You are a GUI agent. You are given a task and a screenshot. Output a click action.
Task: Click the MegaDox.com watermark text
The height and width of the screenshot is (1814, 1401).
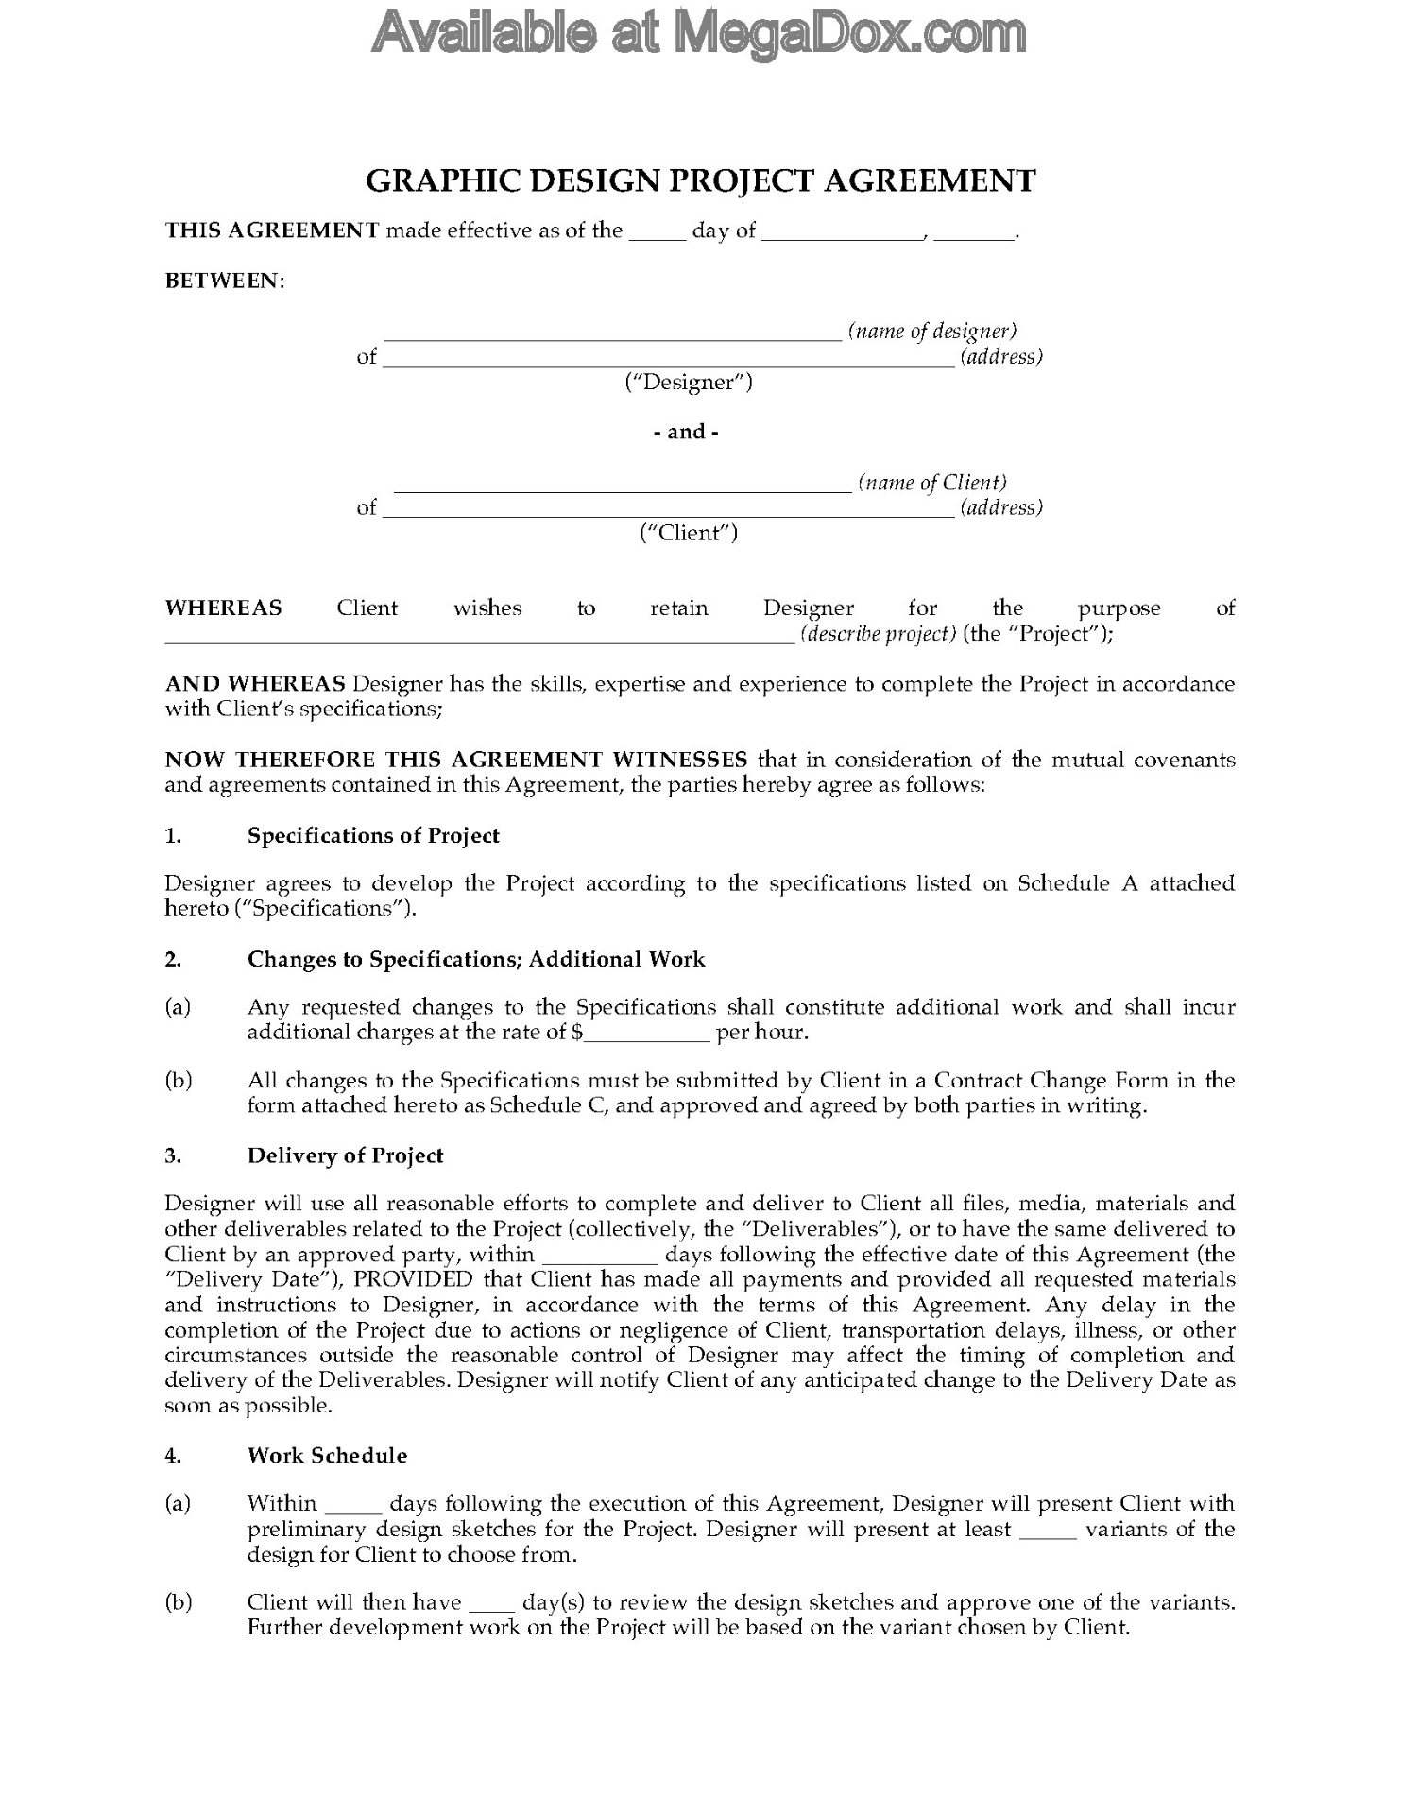[699, 34]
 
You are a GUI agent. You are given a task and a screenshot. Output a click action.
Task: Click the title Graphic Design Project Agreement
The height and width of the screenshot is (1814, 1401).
[700, 180]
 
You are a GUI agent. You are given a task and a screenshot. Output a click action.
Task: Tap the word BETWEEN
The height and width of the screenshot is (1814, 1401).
[223, 281]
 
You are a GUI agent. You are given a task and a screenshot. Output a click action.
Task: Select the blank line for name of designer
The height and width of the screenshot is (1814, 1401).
[612, 334]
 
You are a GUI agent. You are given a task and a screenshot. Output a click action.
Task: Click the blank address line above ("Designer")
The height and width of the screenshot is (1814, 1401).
[668, 359]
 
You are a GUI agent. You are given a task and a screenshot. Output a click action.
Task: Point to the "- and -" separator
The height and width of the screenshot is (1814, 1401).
[686, 432]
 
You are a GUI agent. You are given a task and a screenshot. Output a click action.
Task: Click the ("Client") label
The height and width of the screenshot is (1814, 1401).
[688, 533]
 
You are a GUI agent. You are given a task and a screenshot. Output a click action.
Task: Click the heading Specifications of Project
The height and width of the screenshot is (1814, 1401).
[373, 835]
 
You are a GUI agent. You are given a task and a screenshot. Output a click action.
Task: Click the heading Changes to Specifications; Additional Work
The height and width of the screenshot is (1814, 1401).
[476, 959]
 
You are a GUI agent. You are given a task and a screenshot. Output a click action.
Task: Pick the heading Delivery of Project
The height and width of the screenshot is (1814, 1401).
[345, 1155]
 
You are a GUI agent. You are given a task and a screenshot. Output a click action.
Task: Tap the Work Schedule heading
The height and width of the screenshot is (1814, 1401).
[327, 1455]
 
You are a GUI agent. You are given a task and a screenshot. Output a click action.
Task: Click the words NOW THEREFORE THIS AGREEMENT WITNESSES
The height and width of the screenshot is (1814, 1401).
[456, 760]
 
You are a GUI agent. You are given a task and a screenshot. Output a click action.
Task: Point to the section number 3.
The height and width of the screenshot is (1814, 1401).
[173, 1155]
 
